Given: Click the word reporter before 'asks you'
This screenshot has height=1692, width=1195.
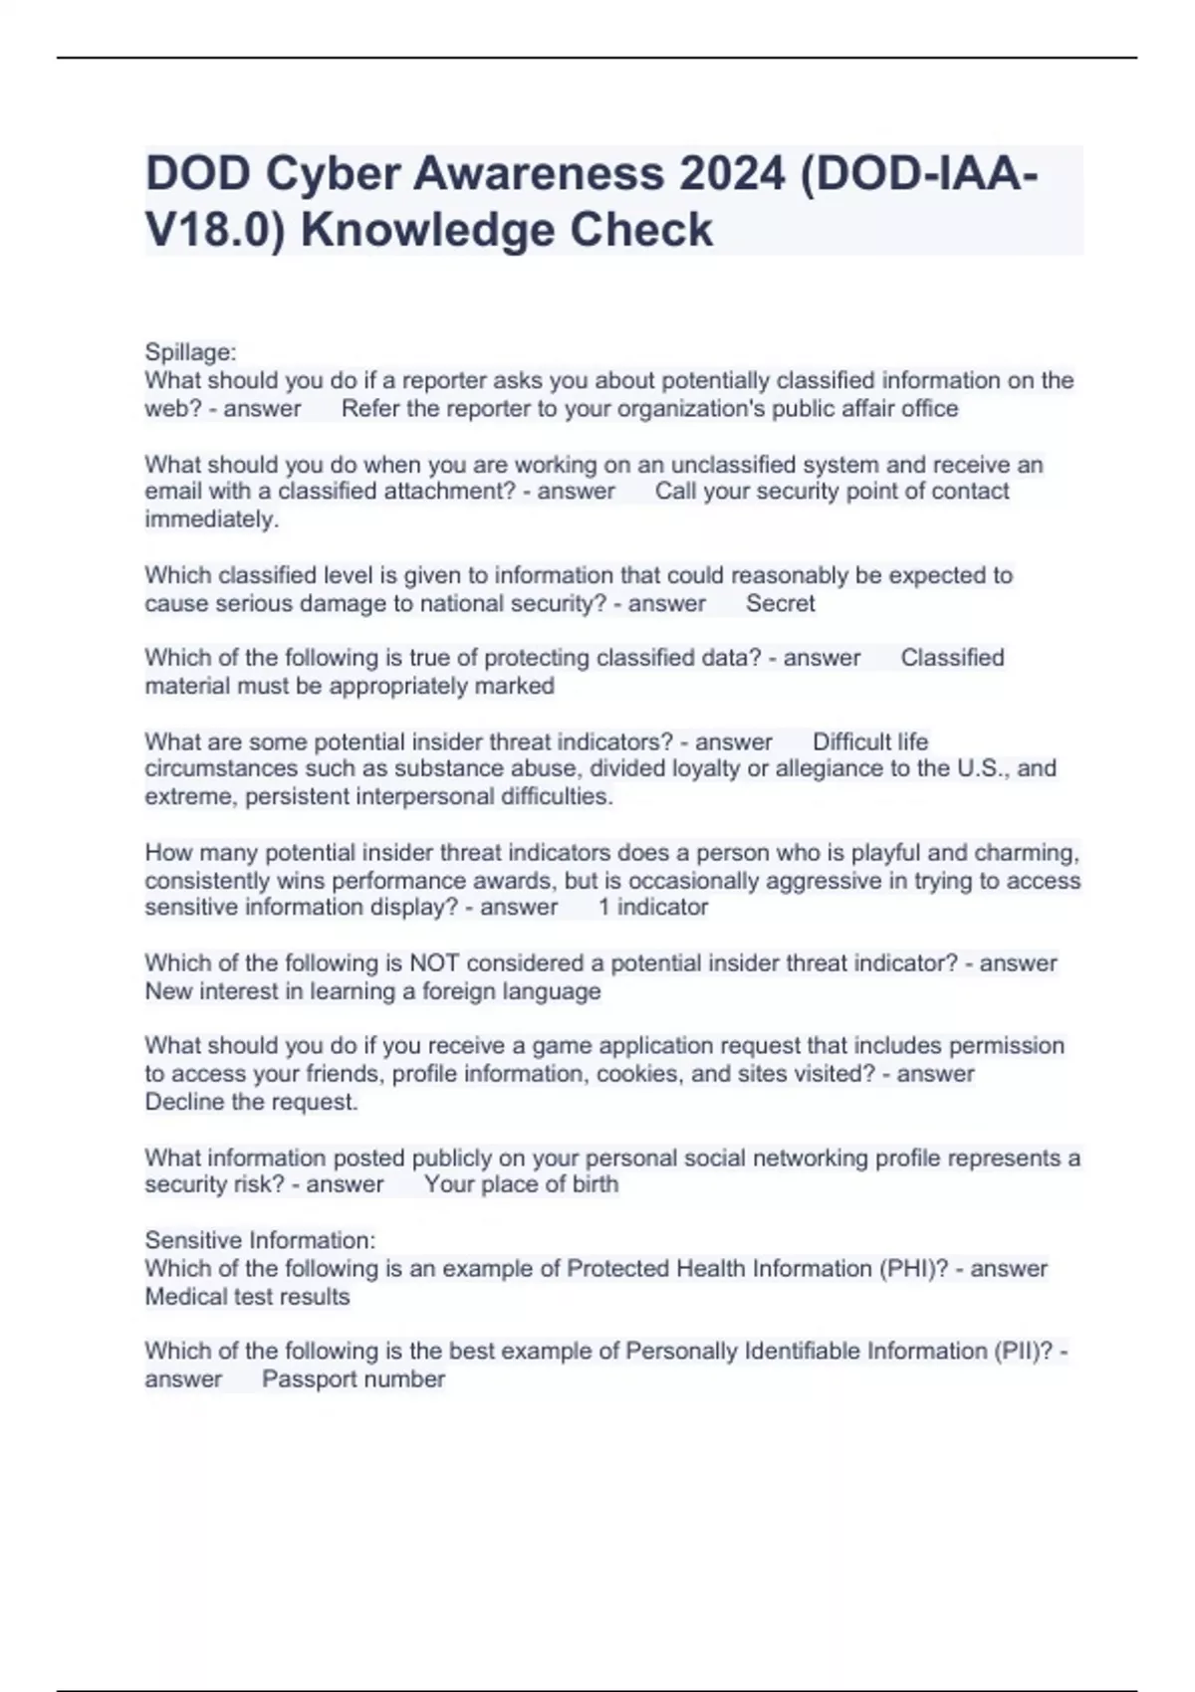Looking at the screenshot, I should [x=444, y=381].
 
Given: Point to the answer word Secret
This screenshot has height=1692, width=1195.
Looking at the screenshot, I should [x=780, y=603].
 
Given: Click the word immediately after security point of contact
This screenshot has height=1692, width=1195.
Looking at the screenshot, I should [x=211, y=520].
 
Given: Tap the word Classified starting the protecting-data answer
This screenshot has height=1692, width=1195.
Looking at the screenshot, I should [x=952, y=658].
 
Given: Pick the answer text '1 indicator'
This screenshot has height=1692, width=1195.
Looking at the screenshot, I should [x=652, y=907].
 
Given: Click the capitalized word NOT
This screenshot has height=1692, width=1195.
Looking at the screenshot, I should [x=434, y=962].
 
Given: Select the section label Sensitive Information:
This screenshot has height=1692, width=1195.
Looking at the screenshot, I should [x=260, y=1240].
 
